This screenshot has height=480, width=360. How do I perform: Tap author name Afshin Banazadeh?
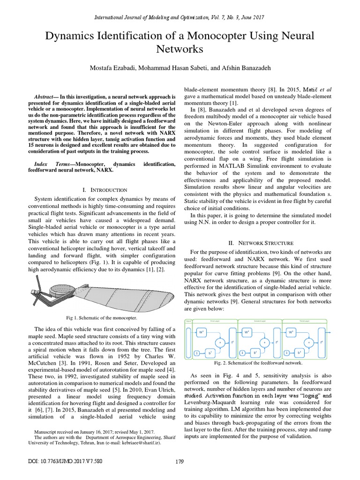[242, 68]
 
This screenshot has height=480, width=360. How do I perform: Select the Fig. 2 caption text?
[258, 363]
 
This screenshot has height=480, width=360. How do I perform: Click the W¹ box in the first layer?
[201, 332]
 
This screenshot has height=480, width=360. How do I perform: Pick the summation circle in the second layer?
[265, 343]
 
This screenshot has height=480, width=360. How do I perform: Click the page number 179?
[180, 474]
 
